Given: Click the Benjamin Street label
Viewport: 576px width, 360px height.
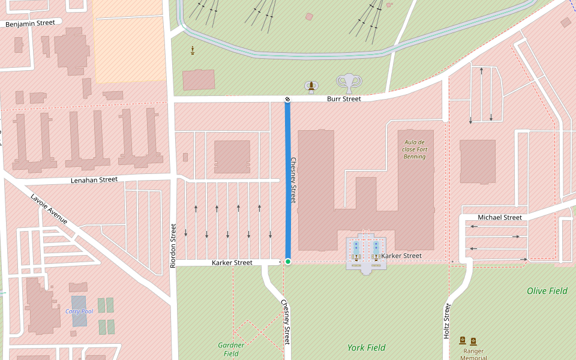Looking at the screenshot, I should click(30, 23).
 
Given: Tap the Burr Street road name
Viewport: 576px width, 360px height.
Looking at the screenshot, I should click(344, 99).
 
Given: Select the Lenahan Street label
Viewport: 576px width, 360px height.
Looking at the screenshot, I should click(94, 179).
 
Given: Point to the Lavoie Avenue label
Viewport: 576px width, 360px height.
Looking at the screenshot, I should click(49, 209).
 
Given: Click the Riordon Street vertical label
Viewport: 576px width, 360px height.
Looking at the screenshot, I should click(173, 245).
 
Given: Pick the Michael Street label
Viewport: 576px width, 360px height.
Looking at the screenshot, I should click(500, 217).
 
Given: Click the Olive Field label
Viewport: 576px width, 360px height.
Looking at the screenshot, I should click(547, 291).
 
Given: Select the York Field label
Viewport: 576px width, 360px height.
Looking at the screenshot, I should click(366, 347).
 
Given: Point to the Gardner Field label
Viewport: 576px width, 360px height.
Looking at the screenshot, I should click(231, 349).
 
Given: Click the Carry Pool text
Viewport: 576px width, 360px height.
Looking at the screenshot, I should click(79, 311).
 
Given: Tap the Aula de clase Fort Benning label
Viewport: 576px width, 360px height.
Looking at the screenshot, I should click(414, 149).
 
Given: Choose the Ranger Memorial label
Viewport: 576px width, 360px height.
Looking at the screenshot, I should click(473, 354).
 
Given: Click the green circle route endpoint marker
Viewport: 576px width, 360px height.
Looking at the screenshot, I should click(288, 262).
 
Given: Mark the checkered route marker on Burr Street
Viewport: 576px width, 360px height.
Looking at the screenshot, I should click(287, 99).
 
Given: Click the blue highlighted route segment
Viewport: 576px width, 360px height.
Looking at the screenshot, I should click(287, 180).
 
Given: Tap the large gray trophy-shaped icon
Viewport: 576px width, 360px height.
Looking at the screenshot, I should click(349, 83).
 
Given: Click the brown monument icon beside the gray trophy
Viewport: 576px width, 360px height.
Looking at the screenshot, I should click(311, 88).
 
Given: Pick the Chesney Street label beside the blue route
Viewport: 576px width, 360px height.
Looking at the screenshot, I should click(293, 180).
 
